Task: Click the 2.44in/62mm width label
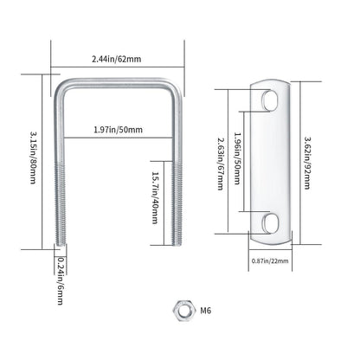pos(117,59)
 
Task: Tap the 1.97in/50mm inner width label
pos(119,130)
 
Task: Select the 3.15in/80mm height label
pos(33,157)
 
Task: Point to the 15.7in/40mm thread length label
pos(155,198)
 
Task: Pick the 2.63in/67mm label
pos(221,164)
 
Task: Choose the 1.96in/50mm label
pos(237,158)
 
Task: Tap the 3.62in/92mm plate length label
pos(307,163)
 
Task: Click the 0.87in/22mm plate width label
pos(270,261)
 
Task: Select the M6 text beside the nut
pos(206,311)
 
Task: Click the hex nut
pos(183,311)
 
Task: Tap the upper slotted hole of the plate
pos(270,100)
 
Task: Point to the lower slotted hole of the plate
pos(270,222)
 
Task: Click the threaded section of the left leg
pos(60,204)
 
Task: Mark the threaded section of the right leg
pos(177,204)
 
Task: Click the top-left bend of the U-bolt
pos(61,87)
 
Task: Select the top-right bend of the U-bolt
pos(174,87)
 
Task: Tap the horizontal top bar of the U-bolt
pos(118,82)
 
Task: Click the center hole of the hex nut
pos(183,311)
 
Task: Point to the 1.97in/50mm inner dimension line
pos(119,138)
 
